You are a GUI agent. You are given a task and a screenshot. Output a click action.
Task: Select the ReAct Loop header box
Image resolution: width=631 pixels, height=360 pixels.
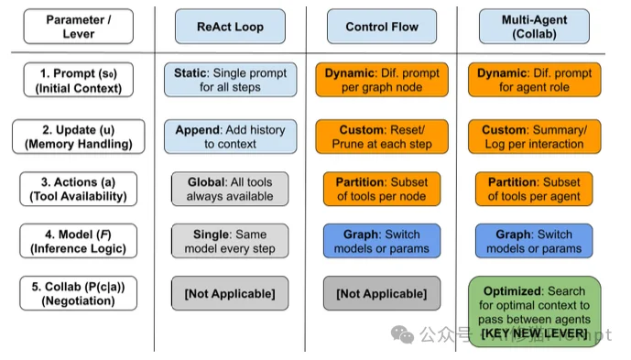230,27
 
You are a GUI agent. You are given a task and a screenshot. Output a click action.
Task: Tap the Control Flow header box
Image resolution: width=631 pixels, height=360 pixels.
381,27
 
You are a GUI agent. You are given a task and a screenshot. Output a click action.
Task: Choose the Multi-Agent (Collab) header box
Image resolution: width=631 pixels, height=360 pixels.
535,27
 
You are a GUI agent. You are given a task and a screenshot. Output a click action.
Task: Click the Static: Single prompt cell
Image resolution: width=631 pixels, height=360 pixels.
230,80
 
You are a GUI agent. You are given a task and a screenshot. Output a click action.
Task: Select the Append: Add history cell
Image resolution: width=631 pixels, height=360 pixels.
230,136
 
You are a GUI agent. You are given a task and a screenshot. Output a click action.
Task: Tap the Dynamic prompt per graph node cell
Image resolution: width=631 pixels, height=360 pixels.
381,80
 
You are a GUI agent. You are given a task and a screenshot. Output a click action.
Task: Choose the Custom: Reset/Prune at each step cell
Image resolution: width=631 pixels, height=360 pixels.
381,136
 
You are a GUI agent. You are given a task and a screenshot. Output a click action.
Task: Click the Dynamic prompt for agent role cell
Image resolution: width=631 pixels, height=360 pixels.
535,80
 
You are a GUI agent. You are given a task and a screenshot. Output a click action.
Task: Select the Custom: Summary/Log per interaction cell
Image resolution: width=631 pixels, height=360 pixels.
535,136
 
